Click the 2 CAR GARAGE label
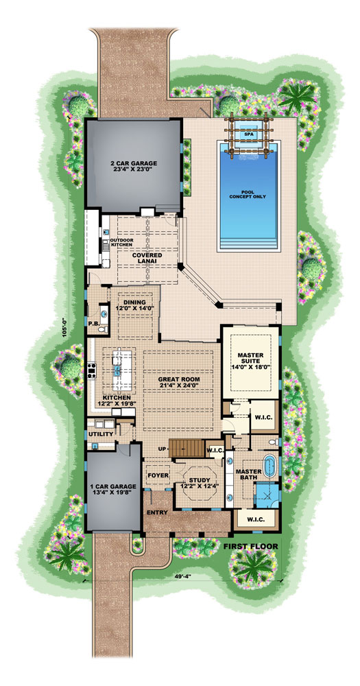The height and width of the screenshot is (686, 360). click(x=134, y=167)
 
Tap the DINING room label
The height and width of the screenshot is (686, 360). click(x=136, y=305)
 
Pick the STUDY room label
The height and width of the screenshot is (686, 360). click(x=194, y=482)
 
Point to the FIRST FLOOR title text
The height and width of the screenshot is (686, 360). click(x=250, y=546)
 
